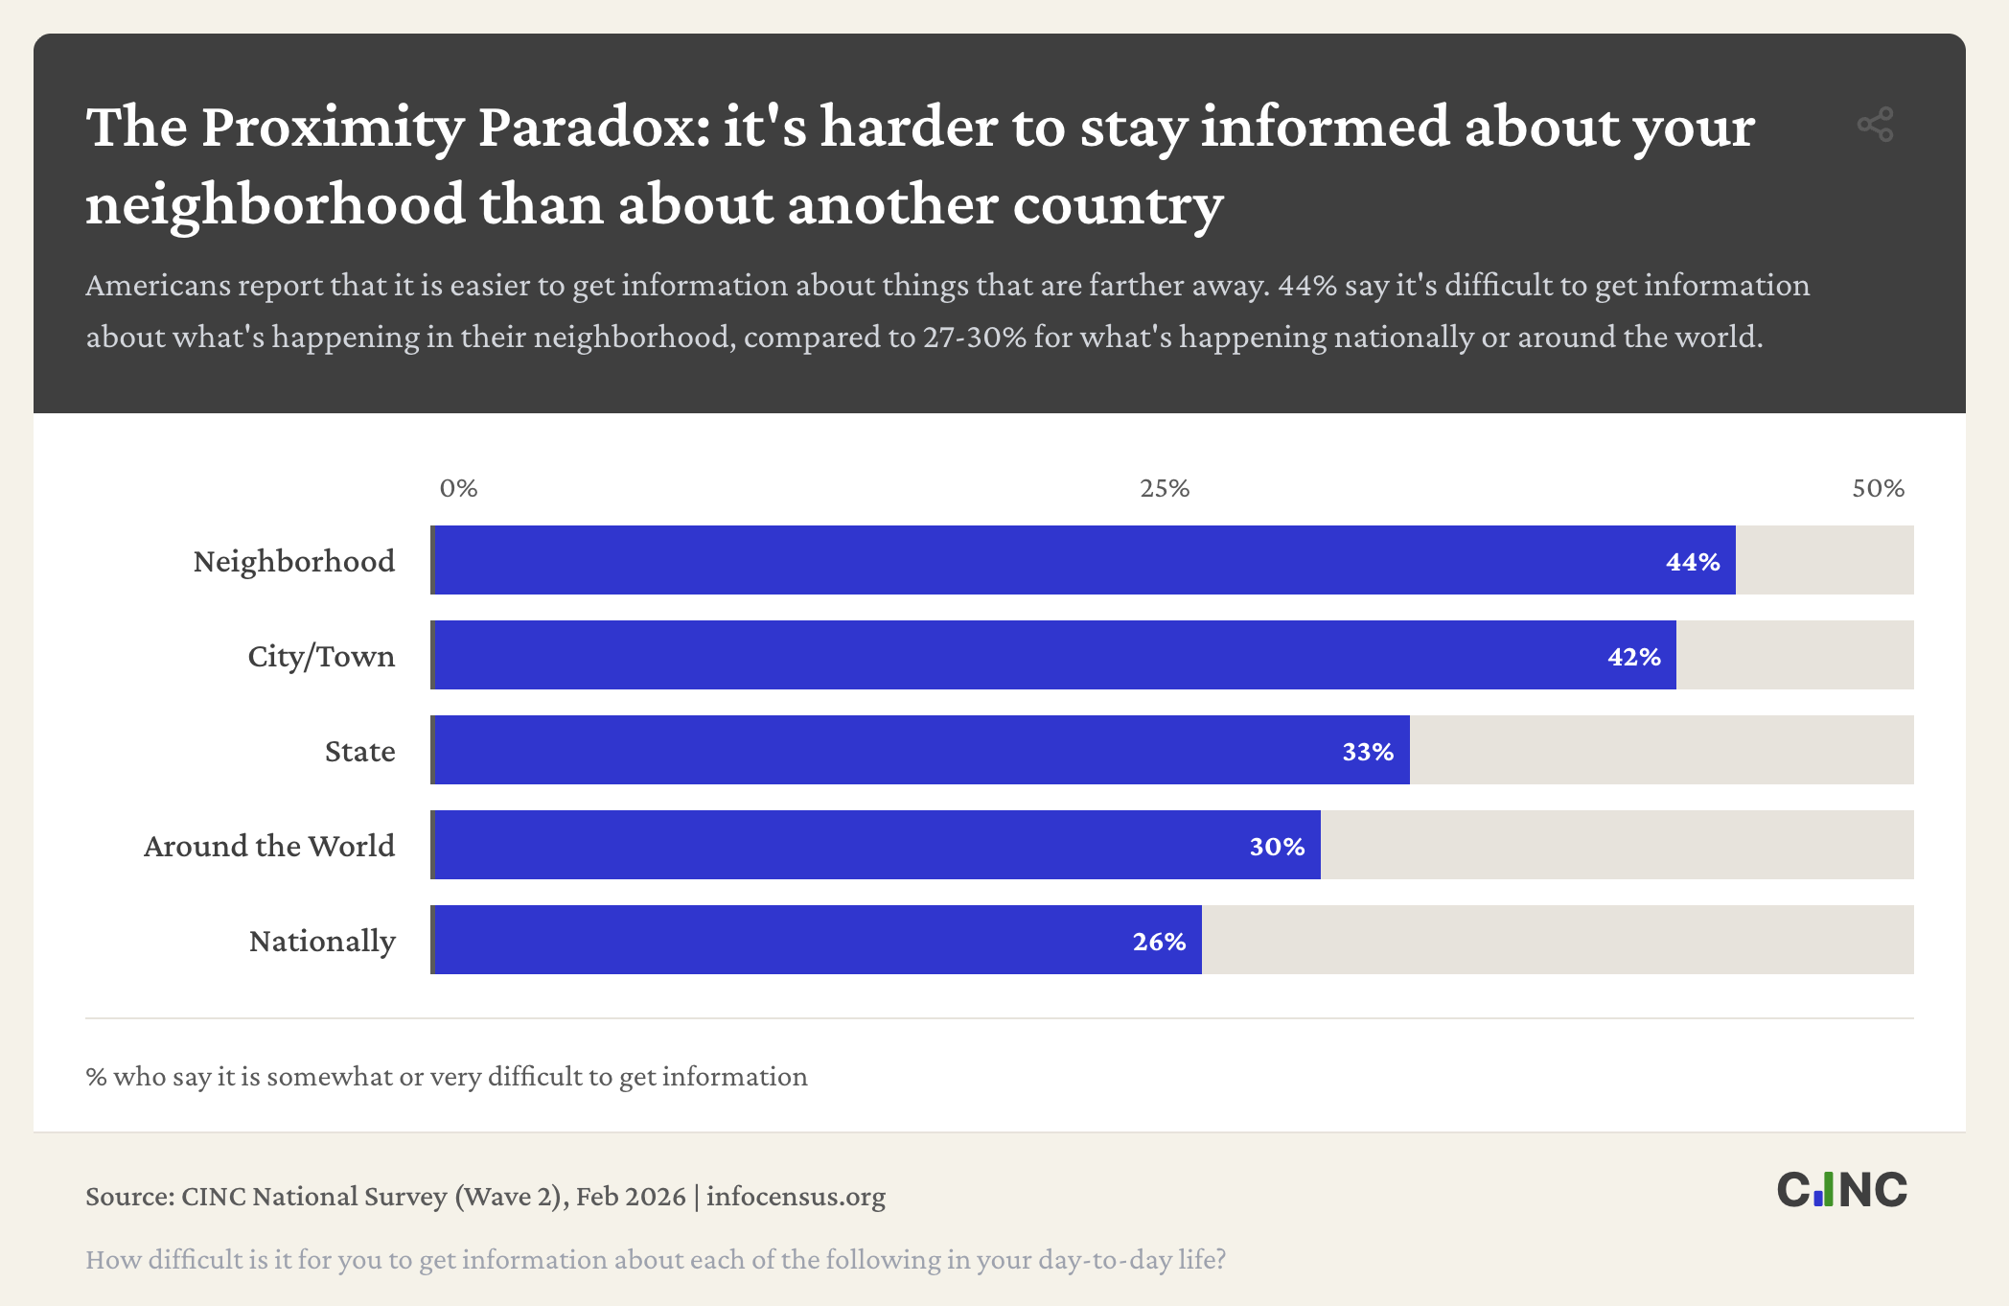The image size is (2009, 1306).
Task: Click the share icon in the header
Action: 1875,125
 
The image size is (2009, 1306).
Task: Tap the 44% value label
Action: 1693,562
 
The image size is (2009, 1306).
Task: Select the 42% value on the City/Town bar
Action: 1633,657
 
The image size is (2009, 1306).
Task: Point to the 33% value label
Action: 1368,752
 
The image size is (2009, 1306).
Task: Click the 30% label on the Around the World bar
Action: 1277,847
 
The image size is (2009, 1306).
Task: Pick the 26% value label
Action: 1159,942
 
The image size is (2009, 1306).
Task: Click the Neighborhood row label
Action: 293,561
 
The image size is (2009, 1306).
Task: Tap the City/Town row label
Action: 321,656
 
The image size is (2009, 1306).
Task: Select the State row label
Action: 359,751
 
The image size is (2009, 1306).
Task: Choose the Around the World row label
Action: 269,846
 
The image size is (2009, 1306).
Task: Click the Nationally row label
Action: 322,941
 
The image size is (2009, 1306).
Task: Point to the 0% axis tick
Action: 458,488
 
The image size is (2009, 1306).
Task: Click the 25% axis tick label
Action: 1165,488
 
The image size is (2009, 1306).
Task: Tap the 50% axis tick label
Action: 1878,488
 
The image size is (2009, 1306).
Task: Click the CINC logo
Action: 1841,1190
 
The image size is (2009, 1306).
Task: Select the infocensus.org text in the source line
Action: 796,1197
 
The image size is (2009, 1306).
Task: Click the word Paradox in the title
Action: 593,127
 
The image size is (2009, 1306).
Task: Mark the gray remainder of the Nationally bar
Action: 1558,940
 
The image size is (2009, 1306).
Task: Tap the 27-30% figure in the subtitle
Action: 975,338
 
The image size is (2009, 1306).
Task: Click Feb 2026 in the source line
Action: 631,1197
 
